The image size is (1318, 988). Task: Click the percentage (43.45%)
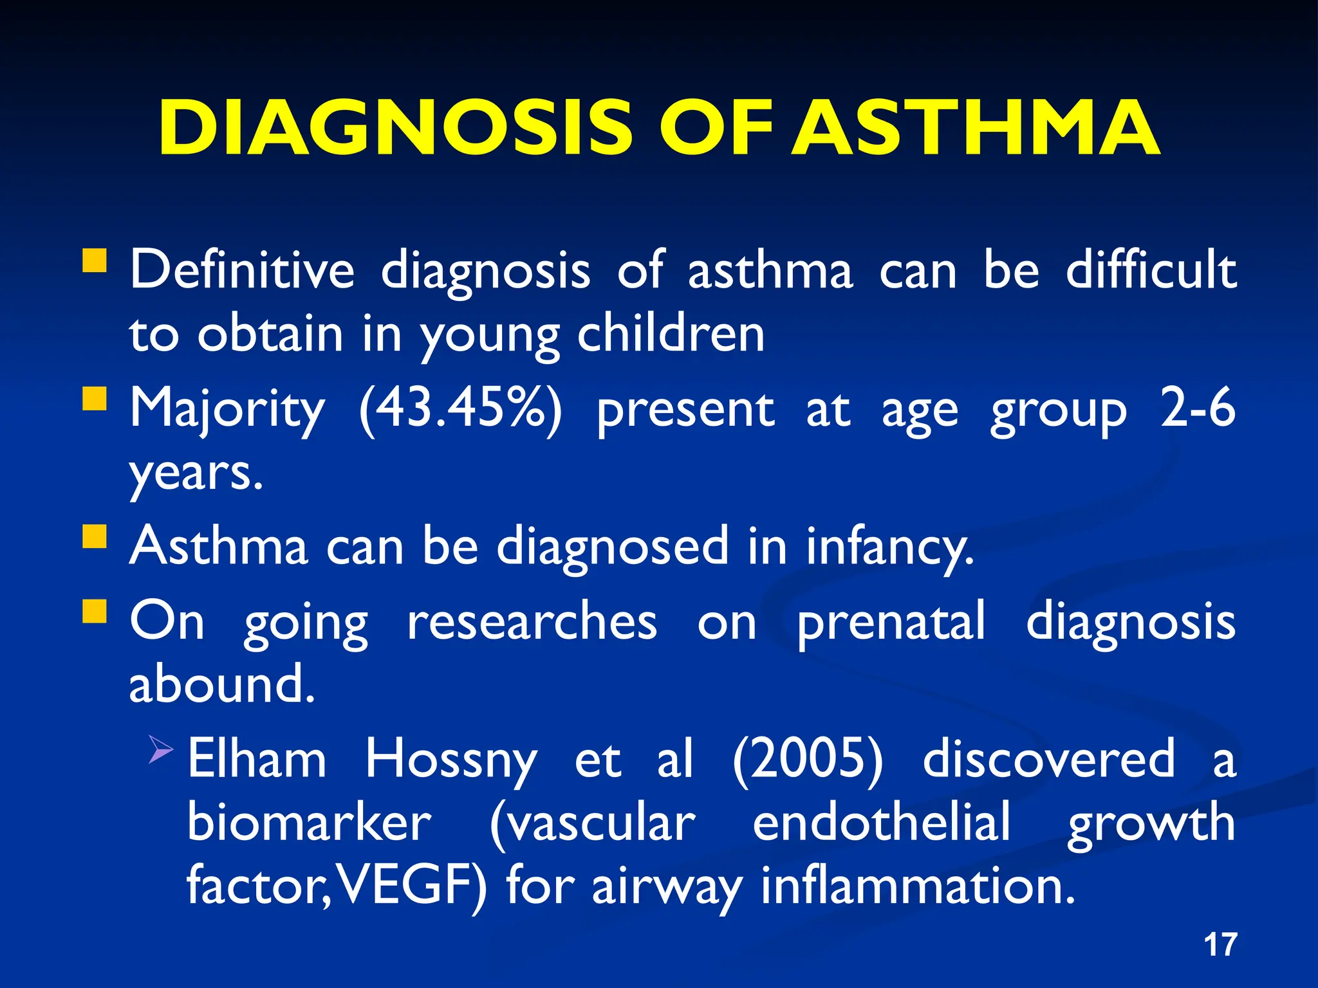pyautogui.click(x=460, y=409)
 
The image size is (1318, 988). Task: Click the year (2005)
pyautogui.click(x=808, y=759)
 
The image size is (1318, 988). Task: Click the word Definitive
pyautogui.click(x=242, y=270)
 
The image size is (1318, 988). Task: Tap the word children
pyautogui.click(x=671, y=334)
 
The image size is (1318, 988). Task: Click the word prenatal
pyautogui.click(x=891, y=623)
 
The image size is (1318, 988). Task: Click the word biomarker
pyautogui.click(x=309, y=823)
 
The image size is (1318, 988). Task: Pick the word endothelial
pyautogui.click(x=881, y=823)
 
